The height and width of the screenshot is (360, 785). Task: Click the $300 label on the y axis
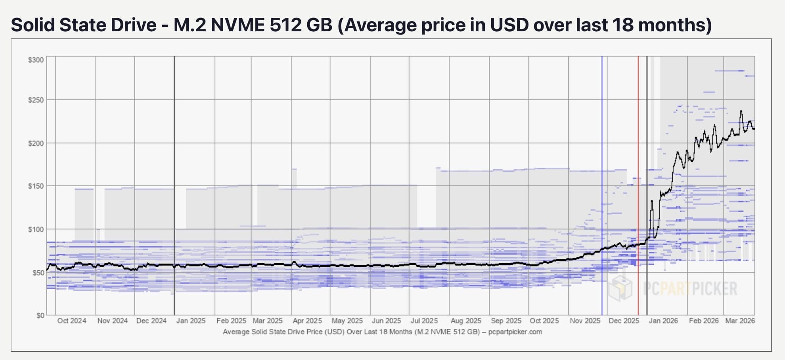[36, 60]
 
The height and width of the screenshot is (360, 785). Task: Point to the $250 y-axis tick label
[36, 100]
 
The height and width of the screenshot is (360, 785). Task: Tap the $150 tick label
[36, 186]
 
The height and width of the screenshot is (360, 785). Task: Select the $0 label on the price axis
[40, 316]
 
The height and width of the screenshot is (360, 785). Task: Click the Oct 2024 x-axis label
[71, 321]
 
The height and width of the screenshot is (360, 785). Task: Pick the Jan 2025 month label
[191, 321]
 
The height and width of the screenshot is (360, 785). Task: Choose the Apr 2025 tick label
[307, 321]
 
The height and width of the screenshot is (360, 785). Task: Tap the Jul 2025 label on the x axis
[424, 321]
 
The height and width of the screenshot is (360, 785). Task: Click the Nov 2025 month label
[585, 321]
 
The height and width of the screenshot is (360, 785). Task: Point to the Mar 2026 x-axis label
[740, 321]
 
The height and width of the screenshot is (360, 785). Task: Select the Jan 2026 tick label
[663, 321]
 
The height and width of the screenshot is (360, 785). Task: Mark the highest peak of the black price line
[741, 111]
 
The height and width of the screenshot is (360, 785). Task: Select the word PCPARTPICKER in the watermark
[690, 288]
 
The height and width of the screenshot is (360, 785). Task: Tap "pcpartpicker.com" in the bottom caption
[515, 332]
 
